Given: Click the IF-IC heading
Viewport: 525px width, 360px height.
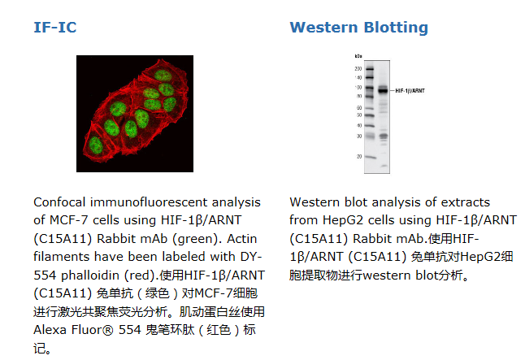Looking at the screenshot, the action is (x=55, y=28).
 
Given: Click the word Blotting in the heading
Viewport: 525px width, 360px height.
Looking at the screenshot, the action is (x=396, y=28).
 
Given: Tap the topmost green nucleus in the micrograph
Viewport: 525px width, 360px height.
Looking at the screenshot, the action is (x=163, y=76).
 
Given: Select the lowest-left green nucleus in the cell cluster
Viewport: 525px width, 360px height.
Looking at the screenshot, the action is (x=96, y=145).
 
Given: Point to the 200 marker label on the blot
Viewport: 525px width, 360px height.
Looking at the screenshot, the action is (x=358, y=68).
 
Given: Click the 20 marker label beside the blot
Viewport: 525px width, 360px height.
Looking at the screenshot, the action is (x=359, y=156).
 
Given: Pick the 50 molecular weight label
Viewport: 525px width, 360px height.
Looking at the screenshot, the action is (x=359, y=115).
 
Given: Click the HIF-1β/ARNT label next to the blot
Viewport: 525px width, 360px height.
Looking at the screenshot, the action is (x=410, y=91).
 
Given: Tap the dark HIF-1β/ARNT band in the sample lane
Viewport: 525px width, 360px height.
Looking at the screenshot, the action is (x=383, y=90).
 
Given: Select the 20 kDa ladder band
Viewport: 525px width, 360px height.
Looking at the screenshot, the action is (x=371, y=157).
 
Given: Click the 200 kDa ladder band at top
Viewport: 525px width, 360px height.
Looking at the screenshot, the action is (x=369, y=68).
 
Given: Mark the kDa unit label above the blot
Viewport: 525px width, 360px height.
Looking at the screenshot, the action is (x=358, y=56).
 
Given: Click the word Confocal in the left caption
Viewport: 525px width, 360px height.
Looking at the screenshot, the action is (x=60, y=202).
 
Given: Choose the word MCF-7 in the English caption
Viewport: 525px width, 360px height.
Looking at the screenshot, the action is (x=69, y=220).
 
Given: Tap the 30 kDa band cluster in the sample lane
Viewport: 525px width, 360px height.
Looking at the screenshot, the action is (x=384, y=136).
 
